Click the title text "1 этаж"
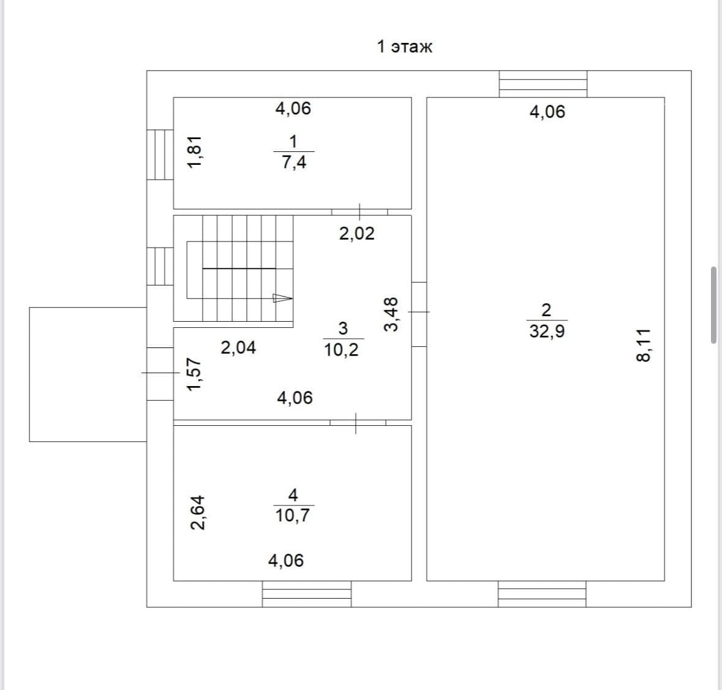tap(405, 47)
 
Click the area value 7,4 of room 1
tap(294, 162)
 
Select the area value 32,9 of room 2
tap(547, 331)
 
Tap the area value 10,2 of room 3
tap(341, 350)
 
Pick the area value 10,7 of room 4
tap(292, 515)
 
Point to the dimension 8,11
tap(644, 345)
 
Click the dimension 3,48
tap(391, 314)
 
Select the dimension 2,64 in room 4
tap(198, 512)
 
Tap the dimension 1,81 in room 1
tap(195, 152)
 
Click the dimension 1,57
tap(194, 374)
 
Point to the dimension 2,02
tap(357, 233)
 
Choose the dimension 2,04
tap(238, 347)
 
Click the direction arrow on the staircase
tap(283, 298)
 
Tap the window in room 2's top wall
tap(543, 85)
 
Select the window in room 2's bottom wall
tap(542, 594)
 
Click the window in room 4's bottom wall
tap(307, 594)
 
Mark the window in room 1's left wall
tap(160, 154)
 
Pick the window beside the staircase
tap(160, 266)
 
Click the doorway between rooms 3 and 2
tap(419, 314)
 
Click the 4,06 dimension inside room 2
tap(547, 112)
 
